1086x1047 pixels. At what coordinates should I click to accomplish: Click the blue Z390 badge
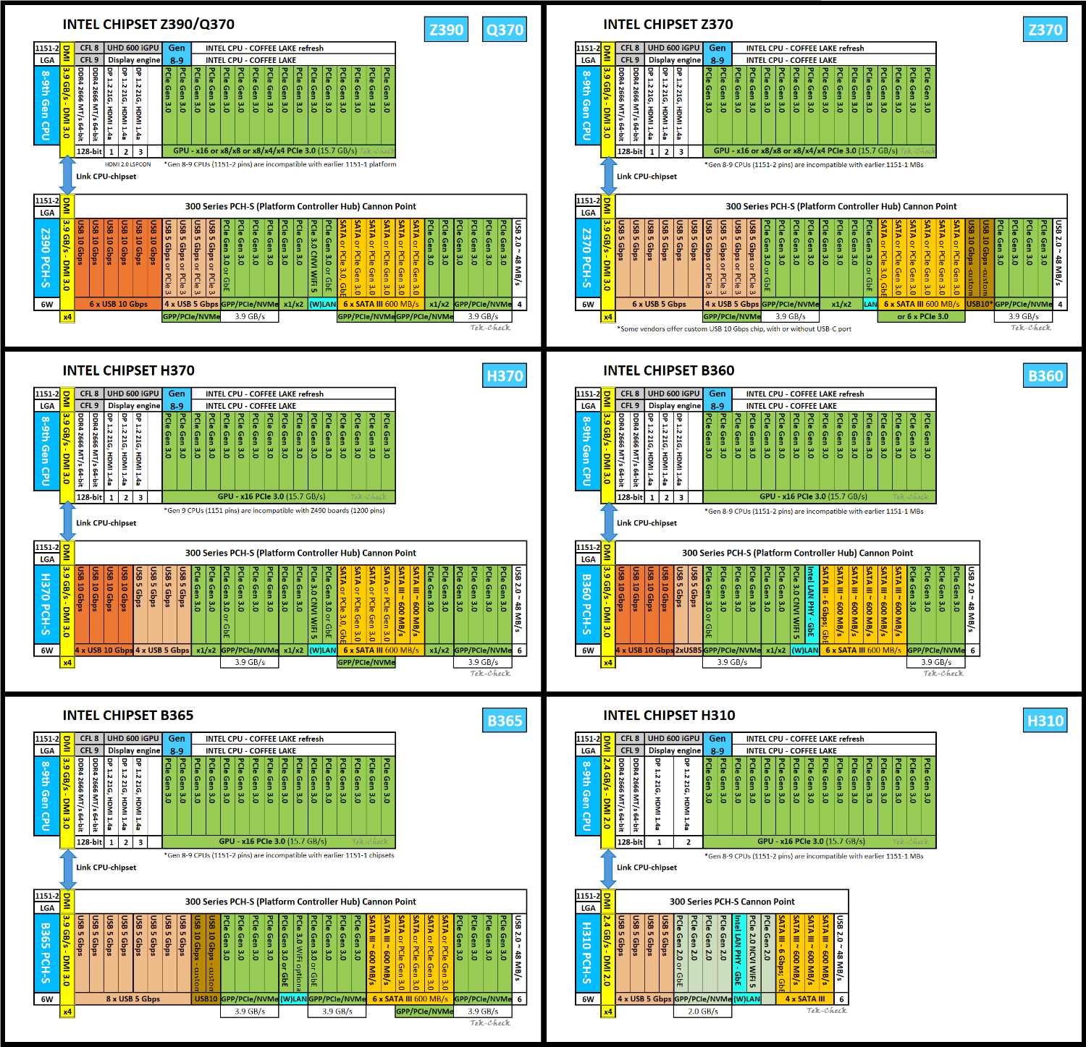(446, 30)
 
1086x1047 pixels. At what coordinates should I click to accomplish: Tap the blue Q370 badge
(505, 30)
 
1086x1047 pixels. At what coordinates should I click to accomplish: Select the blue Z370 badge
(1045, 30)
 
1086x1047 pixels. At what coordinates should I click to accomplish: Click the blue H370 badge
(505, 376)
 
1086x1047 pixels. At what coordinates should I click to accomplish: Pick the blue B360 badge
(1045, 376)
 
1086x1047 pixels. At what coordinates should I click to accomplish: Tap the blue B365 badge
(505, 721)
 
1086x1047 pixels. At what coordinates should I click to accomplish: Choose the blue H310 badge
(1045, 721)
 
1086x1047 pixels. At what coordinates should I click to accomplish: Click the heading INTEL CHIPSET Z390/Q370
(148, 25)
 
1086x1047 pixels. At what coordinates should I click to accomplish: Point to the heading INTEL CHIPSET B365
(128, 716)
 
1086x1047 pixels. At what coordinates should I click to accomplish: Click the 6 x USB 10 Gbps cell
(118, 305)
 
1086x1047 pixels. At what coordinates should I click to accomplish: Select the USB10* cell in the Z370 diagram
(980, 305)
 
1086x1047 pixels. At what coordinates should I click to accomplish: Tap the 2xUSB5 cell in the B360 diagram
(689, 650)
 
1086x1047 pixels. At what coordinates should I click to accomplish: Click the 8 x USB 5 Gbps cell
(133, 999)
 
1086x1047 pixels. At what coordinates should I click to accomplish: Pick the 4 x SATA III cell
(804, 999)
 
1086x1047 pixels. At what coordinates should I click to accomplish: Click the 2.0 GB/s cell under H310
(703, 1012)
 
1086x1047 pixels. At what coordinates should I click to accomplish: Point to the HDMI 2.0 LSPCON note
(128, 164)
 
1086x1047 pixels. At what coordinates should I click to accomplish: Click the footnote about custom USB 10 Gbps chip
(734, 329)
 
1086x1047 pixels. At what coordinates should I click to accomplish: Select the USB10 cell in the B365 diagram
(206, 999)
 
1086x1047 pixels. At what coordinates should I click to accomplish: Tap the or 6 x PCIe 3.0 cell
(921, 317)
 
